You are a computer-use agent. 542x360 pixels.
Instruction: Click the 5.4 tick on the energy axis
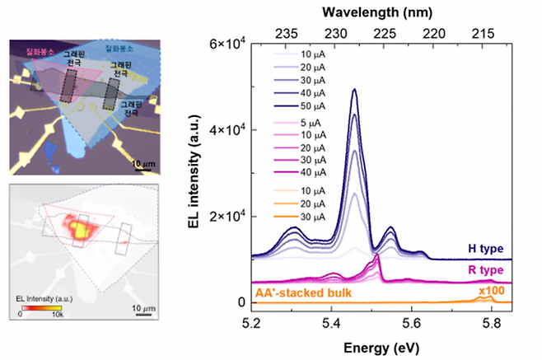tap(331, 323)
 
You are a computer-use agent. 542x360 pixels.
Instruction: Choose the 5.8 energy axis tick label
tap(491, 323)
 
